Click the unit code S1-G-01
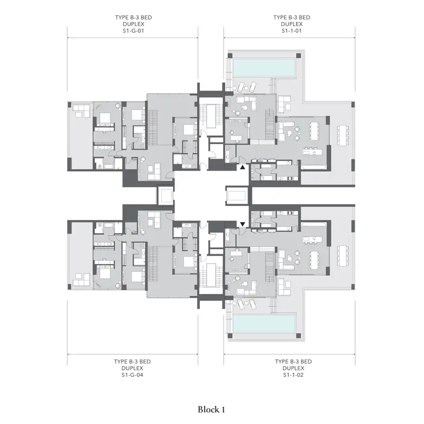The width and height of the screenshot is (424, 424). click(x=134, y=31)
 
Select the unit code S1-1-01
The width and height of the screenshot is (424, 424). click(x=291, y=31)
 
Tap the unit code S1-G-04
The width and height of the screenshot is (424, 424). click(x=132, y=375)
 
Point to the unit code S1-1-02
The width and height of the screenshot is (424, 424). click(x=294, y=375)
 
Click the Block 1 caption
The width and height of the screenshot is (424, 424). click(x=211, y=410)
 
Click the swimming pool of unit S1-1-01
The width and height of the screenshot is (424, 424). click(x=264, y=68)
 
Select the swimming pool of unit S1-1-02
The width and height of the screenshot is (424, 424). click(x=264, y=324)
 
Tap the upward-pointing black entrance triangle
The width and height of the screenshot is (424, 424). click(x=243, y=167)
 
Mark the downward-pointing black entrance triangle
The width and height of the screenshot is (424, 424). click(x=243, y=224)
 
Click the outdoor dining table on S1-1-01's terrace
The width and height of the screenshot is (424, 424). click(x=342, y=136)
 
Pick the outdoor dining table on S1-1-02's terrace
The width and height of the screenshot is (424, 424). click(x=342, y=256)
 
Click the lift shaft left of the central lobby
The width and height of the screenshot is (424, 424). click(x=165, y=196)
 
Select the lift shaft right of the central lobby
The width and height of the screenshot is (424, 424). click(x=237, y=196)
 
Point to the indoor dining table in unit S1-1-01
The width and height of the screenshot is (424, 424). click(x=314, y=131)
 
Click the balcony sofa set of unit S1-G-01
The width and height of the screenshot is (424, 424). click(x=81, y=111)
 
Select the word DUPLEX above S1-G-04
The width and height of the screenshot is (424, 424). click(x=132, y=368)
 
